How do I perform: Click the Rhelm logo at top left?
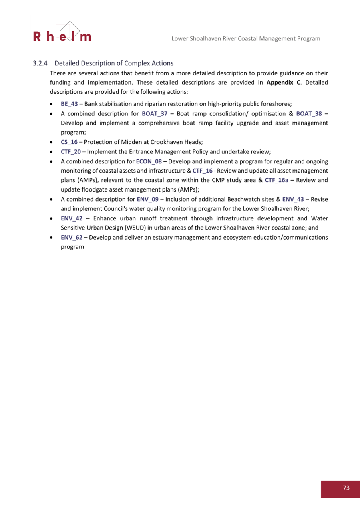click(62, 33)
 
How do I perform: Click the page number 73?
click(346, 488)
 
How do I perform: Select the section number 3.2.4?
click(40, 63)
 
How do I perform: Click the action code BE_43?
click(69, 104)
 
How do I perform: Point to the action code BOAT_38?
click(309, 113)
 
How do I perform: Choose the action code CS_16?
click(69, 142)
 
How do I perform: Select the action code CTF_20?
click(71, 151)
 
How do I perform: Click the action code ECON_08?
click(149, 161)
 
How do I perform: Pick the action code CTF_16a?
click(277, 180)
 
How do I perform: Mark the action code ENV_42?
click(72, 218)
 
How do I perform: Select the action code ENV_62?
click(72, 237)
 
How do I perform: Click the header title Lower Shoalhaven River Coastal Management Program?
click(245, 38)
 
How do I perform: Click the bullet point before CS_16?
click(52, 142)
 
